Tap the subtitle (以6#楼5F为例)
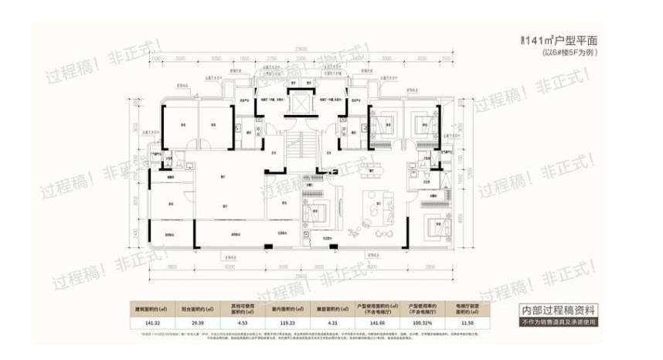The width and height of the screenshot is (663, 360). pyautogui.click(x=570, y=53)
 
